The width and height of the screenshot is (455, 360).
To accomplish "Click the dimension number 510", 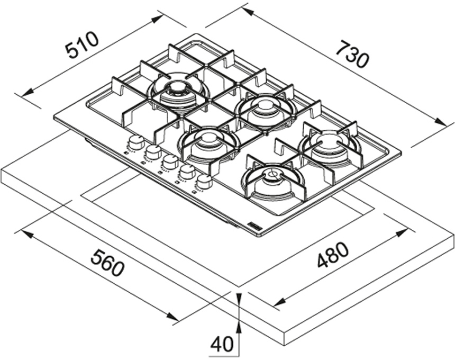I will [82, 45].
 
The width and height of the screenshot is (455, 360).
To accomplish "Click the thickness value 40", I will [222, 345].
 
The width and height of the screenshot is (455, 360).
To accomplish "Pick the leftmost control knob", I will [136, 142].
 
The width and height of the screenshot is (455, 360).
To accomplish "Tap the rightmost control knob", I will [204, 182].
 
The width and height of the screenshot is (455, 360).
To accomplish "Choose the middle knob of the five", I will [170, 161].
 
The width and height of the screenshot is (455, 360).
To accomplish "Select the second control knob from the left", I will [153, 152].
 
